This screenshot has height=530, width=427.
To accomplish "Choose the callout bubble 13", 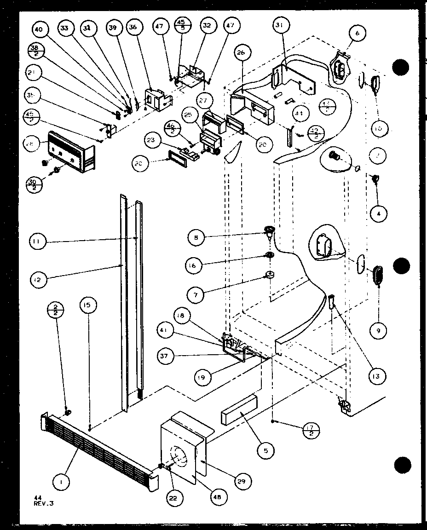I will [x=376, y=376].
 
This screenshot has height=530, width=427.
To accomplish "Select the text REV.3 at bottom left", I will [x=44, y=503].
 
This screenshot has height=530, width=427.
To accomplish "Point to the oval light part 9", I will [x=378, y=275].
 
